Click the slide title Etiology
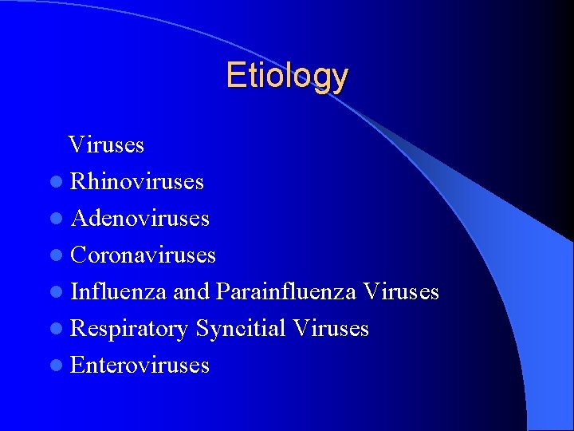(x=287, y=77)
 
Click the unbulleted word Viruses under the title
(x=106, y=145)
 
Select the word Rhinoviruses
(x=137, y=182)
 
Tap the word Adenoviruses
(x=140, y=219)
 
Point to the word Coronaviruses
(x=143, y=255)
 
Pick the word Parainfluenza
(x=285, y=292)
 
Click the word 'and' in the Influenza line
(x=191, y=292)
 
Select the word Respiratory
(x=129, y=329)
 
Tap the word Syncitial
(x=241, y=329)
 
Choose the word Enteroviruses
(x=140, y=366)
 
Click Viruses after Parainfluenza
(x=400, y=292)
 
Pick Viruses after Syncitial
(x=331, y=329)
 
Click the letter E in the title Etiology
(x=234, y=76)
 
